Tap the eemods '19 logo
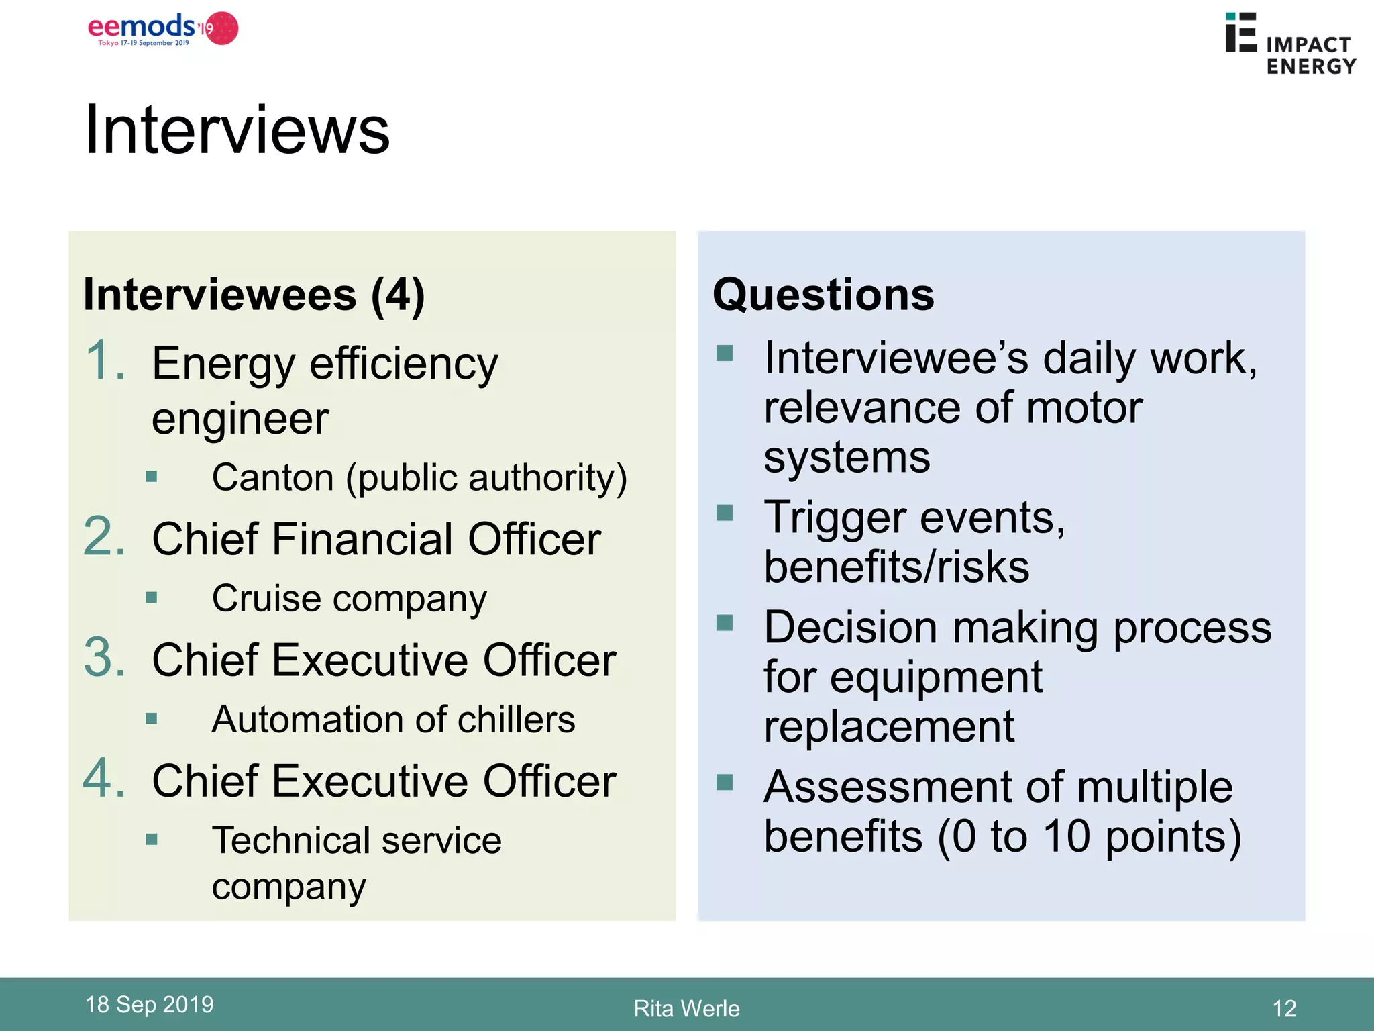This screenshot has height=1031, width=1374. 163,29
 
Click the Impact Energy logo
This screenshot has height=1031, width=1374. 1289,44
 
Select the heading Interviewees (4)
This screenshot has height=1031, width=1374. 254,295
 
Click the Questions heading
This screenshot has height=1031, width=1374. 823,295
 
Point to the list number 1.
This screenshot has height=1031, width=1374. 105,361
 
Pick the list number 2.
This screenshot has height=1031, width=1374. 105,537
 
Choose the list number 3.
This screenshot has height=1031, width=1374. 105,658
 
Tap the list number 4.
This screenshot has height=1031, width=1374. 105,779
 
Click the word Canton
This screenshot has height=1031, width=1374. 272,478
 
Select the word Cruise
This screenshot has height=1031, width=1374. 266,598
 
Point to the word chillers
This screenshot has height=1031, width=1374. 516,720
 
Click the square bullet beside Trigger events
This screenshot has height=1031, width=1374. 725,513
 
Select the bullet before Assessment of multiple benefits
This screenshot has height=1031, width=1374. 725,782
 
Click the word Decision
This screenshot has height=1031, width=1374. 850,628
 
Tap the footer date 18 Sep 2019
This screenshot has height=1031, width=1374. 149,1004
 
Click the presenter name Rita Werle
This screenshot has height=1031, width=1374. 686,1008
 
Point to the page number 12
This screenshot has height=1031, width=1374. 1284,1008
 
